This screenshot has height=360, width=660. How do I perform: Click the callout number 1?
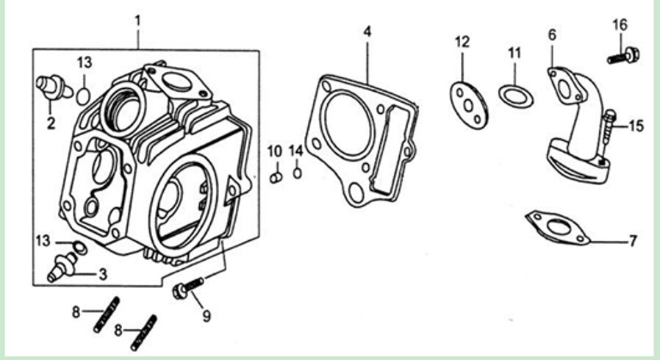click(x=138, y=21)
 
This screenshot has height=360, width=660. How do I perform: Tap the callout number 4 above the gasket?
click(x=367, y=31)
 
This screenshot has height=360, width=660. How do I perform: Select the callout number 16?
click(x=620, y=25)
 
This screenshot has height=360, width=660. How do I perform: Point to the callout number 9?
click(x=207, y=316)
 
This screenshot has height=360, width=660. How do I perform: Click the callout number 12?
click(x=462, y=42)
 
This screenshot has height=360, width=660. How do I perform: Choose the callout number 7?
click(x=633, y=240)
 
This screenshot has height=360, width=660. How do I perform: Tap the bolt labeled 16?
click(x=623, y=56)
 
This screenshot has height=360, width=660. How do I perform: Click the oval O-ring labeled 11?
click(x=516, y=96)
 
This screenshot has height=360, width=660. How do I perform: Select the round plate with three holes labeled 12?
click(x=468, y=105)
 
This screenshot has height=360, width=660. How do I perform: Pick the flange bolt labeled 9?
click(x=189, y=288)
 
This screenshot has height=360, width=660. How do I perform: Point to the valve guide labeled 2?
click(x=54, y=87)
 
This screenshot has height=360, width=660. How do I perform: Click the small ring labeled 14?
click(x=297, y=173)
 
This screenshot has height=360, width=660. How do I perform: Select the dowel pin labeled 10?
click(x=276, y=178)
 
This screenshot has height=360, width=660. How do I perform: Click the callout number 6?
click(x=552, y=35)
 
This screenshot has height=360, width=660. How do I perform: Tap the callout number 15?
click(x=636, y=126)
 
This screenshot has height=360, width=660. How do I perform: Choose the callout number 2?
click(x=51, y=123)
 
